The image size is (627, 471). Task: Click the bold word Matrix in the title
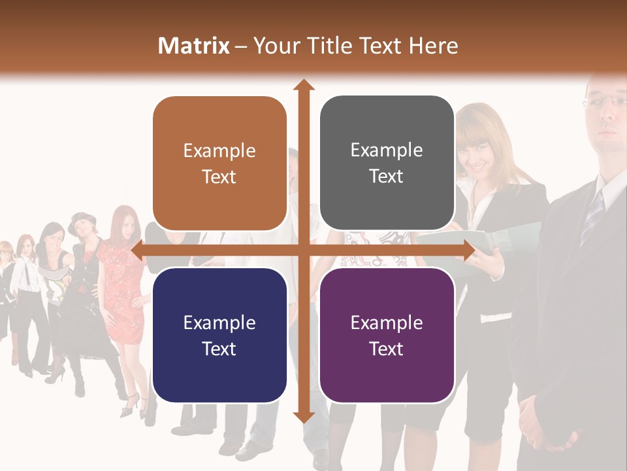point(194,46)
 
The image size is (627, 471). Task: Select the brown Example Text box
point(219,164)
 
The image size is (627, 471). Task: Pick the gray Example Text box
point(387,163)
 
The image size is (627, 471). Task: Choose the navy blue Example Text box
point(219,335)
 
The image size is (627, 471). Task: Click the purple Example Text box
point(387,335)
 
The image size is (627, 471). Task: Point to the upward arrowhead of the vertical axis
point(303,85)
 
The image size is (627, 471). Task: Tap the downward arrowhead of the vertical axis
point(303,417)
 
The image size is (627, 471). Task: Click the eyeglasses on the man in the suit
point(604,101)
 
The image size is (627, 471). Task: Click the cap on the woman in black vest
point(82,218)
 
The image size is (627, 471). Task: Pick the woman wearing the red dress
point(124,281)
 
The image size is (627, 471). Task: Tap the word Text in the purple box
point(387,349)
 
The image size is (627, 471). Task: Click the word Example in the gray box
point(387,150)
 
